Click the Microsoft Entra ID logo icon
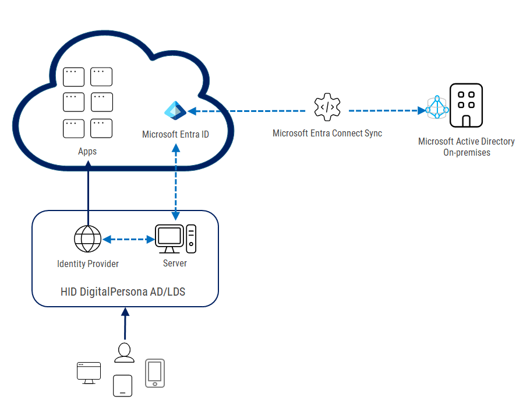[175, 110]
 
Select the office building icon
[466, 105]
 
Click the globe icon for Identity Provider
[88, 239]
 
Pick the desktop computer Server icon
[175, 240]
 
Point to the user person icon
[124, 353]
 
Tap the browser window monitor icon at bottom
[89, 373]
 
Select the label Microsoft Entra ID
[175, 135]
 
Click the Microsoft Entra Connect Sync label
[327, 133]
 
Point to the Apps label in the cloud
[87, 151]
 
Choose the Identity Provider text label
[88, 264]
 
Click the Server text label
[175, 263]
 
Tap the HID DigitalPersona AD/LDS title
[123, 291]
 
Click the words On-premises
[467, 152]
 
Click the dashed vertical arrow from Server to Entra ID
[175, 181]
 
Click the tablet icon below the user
[122, 385]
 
